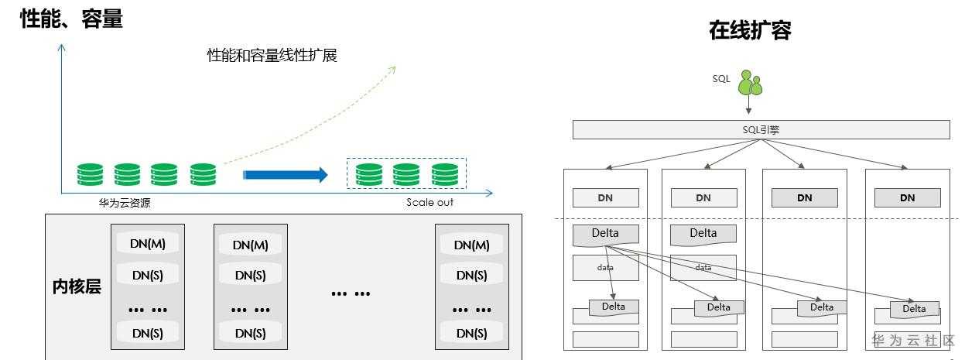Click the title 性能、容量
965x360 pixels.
click(71, 19)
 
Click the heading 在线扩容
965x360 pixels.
click(750, 30)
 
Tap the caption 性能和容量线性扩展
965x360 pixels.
click(272, 55)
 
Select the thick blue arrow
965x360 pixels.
click(286, 175)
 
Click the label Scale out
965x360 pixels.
click(429, 202)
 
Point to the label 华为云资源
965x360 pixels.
click(125, 203)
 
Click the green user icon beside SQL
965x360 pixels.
click(750, 83)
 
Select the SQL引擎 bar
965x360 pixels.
click(761, 130)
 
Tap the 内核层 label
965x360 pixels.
click(77, 286)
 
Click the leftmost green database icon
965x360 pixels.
click(90, 175)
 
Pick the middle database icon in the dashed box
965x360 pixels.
click(406, 175)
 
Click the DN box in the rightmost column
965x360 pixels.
click(907, 198)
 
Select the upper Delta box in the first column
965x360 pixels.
click(605, 235)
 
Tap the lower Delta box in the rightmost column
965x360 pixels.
click(914, 310)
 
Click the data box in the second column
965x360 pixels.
click(703, 268)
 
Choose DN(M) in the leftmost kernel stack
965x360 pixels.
click(148, 244)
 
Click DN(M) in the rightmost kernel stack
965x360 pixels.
click(472, 245)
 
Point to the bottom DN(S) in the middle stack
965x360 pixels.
click(250, 333)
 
